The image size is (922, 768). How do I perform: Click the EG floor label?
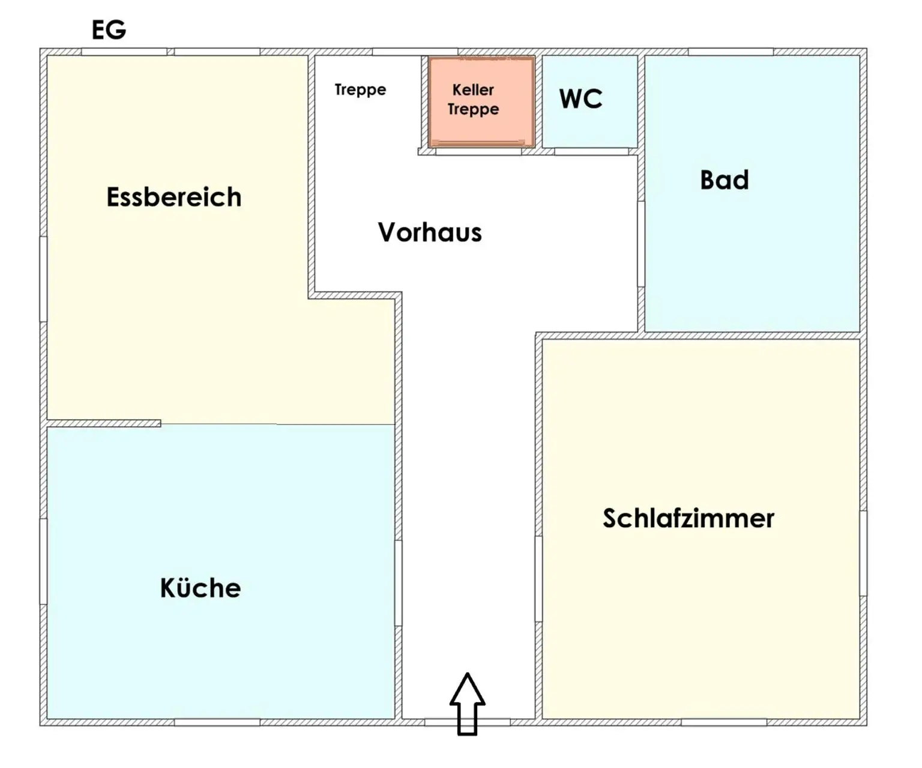pos(109,29)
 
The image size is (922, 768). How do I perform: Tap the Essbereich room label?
pos(174,198)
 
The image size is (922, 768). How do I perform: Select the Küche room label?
pos(200,588)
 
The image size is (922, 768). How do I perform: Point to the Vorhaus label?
pos(430,232)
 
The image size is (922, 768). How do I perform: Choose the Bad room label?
pos(725,180)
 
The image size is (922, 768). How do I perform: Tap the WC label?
pos(580,99)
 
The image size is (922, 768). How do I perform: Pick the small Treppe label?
pos(360,90)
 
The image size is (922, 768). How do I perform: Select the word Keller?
pos(473,90)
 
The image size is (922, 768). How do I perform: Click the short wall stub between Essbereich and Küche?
pos(104,423)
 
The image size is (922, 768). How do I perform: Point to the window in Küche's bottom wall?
pos(217,722)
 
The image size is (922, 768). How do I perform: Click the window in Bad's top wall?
pos(731,52)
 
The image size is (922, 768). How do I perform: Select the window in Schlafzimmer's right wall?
pos(863,552)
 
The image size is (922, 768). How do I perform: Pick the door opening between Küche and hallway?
pos(398,582)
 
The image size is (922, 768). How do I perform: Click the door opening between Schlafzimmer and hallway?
pos(538,578)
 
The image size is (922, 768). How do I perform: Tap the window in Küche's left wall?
pos(43,561)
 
